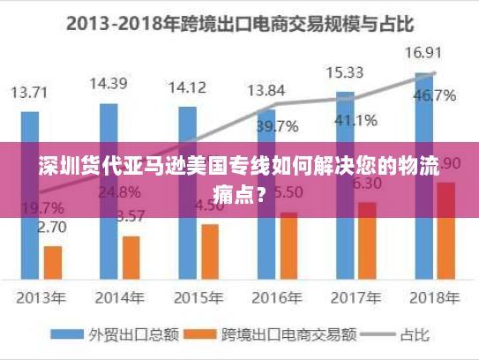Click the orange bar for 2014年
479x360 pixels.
coord(131,256)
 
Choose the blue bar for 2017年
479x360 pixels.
coord(345,184)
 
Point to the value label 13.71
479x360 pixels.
coord(29,92)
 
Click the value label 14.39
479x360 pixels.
coord(109,84)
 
